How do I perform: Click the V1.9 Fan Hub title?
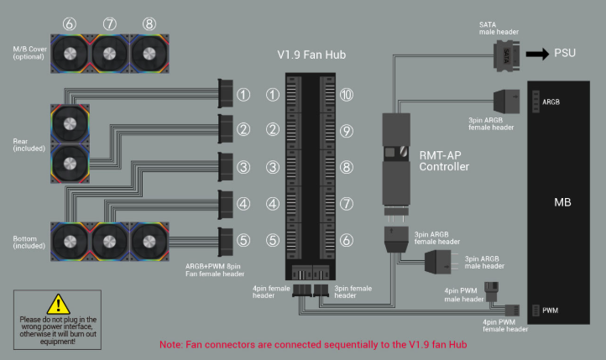pos(311,55)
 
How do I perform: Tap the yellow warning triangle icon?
pos(56,304)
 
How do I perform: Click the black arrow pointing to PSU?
pos(538,55)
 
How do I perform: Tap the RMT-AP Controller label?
pos(444,160)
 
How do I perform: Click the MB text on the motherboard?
pos(563,203)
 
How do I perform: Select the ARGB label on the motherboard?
pos(551,102)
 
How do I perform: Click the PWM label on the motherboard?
pos(551,311)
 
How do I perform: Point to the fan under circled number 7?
pos(110,55)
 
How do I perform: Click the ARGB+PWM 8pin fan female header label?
pos(216,269)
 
